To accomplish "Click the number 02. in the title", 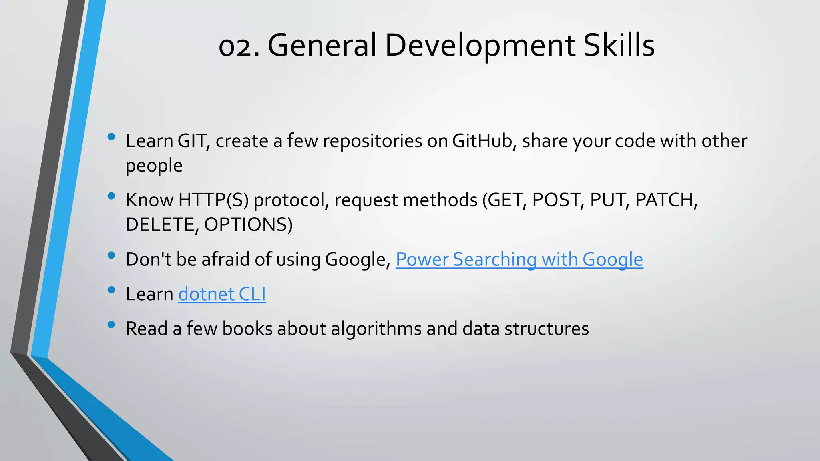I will [239, 46].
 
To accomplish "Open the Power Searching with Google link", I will [519, 259].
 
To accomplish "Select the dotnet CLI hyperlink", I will [222, 294].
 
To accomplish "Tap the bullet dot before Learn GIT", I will [111, 137].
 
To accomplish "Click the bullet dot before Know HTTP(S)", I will [111, 196].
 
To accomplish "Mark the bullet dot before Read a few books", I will [111, 325].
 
